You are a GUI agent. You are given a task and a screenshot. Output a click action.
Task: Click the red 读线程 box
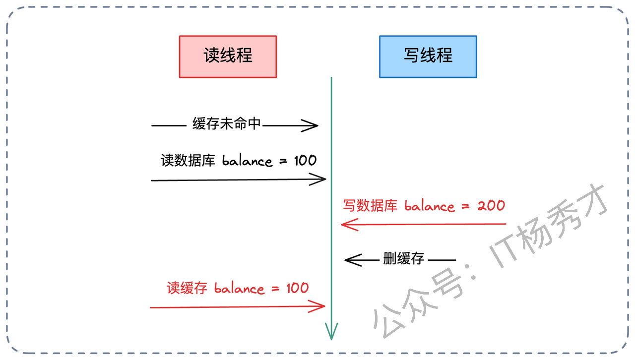[228, 57]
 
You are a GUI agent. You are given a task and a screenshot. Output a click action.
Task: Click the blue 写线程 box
[428, 57]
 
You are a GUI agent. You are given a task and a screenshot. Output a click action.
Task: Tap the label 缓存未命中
[227, 124]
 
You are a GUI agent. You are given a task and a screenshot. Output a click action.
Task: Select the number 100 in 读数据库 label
[301, 160]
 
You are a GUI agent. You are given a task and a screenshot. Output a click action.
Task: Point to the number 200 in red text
[491, 205]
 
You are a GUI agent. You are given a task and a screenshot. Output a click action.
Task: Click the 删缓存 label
[403, 258]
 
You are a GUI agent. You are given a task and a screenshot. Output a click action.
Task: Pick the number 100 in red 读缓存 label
[297, 288]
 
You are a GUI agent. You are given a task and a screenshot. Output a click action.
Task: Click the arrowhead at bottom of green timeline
[331, 332]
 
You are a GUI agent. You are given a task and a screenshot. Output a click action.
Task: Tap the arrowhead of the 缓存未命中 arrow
[312, 126]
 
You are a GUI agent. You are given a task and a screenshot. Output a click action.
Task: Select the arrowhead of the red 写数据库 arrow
[347, 225]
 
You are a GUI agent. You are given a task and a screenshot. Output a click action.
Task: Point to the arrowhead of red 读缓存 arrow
[318, 307]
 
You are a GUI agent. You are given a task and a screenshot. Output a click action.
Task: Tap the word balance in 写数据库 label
[430, 206]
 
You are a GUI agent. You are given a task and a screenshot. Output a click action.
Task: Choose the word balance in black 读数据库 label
[247, 161]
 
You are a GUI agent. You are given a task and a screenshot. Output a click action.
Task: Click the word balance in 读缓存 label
[239, 289]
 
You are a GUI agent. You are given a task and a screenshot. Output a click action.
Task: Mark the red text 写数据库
[370, 205]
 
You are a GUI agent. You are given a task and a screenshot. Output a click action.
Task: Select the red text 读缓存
[187, 288]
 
